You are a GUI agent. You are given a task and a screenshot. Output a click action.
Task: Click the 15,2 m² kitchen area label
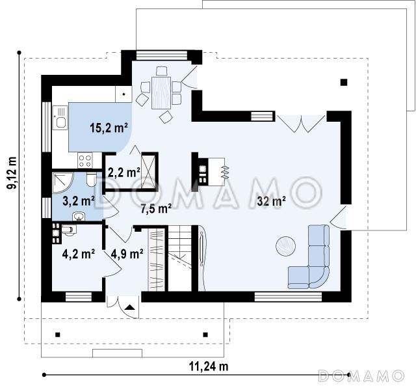tap(109, 128)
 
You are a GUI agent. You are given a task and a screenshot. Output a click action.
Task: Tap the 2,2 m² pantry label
tap(124, 172)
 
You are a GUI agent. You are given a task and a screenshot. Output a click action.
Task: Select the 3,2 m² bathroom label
tap(79, 201)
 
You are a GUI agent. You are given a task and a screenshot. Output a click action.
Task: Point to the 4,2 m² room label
tap(79, 254)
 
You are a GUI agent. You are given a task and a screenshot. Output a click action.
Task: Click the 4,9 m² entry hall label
tap(127, 254)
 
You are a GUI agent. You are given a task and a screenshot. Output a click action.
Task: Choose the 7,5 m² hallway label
tap(156, 209)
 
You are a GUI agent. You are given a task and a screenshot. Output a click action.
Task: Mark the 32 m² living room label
tap(271, 201)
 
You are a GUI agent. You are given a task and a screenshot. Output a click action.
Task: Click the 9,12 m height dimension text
tap(12, 173)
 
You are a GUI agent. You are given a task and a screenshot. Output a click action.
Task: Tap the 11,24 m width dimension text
tap(209, 366)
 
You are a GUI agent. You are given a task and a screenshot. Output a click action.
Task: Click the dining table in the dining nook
tap(161, 92)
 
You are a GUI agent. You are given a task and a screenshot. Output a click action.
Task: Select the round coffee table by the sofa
tap(285, 246)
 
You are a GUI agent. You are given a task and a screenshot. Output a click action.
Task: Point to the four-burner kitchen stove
tap(85, 161)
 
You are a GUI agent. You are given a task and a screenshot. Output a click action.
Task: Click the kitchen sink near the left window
tap(60, 117)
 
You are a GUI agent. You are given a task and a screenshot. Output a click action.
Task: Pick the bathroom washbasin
tap(78, 217)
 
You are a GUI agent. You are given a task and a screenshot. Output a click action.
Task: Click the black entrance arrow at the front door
tap(130, 307)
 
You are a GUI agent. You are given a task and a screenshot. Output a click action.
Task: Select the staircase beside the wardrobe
tap(180, 258)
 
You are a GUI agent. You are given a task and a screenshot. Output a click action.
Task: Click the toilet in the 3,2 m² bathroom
tap(92, 180)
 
